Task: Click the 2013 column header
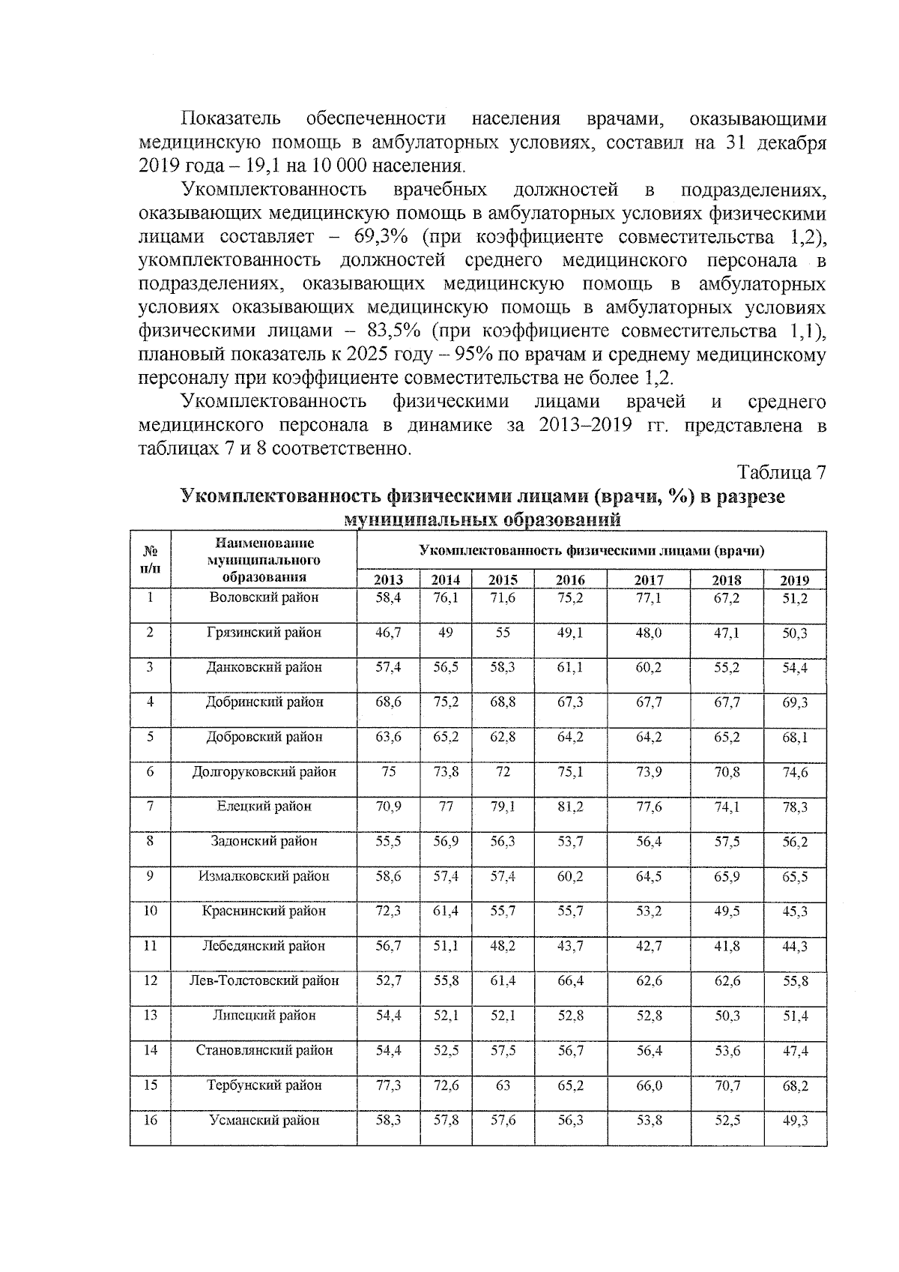click(x=388, y=579)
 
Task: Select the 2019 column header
click(x=795, y=579)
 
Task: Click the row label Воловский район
click(x=264, y=598)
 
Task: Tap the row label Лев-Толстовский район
click(x=264, y=980)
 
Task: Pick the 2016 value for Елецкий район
click(x=571, y=807)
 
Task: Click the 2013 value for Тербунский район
click(x=388, y=1085)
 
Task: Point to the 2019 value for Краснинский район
click(x=795, y=911)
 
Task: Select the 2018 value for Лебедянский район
click(x=726, y=946)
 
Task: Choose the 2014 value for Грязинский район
click(x=446, y=633)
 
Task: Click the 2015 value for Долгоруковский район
click(x=503, y=771)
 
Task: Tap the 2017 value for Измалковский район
click(x=649, y=876)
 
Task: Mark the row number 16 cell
click(x=151, y=1120)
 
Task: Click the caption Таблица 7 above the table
click(x=781, y=473)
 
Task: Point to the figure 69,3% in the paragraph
click(x=375, y=238)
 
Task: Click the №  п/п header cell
click(x=151, y=560)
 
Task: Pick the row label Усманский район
click(x=264, y=1120)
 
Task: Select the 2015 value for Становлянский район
click(x=503, y=1050)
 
